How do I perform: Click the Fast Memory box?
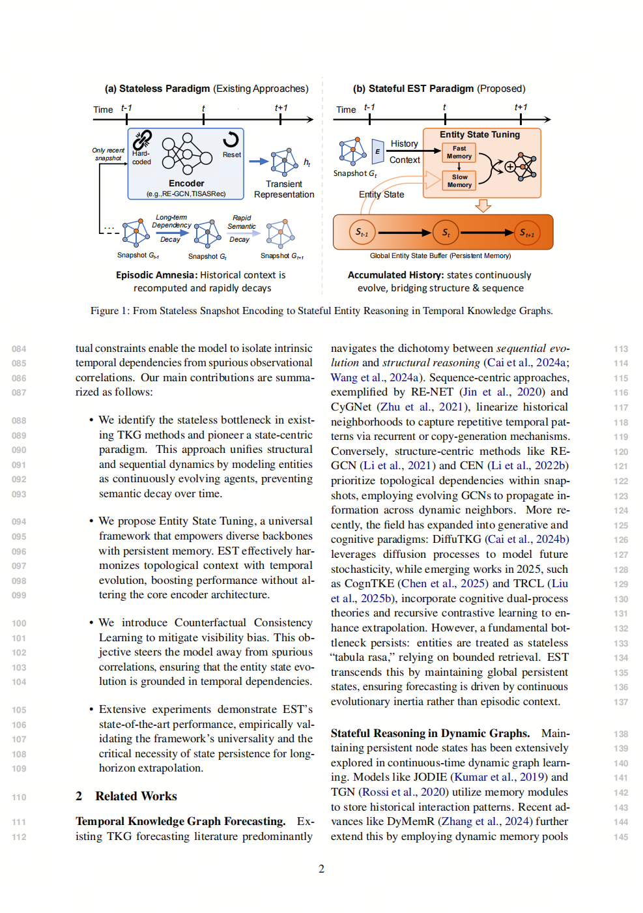tap(459, 152)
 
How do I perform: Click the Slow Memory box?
tap(459, 181)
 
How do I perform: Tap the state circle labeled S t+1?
tap(526, 233)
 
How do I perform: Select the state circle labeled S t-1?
tap(362, 233)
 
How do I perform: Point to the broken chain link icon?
tap(142, 139)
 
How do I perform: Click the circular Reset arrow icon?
tap(231, 139)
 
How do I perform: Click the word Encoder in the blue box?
tap(186, 183)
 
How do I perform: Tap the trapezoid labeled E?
tap(377, 152)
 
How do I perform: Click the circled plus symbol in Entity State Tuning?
tap(510, 167)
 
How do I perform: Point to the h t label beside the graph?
tap(307, 162)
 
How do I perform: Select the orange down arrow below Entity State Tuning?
tap(483, 206)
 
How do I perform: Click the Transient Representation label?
tap(284, 189)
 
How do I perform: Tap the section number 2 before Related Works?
tap(79, 796)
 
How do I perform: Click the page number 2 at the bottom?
tap(321, 869)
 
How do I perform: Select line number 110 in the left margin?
tap(19, 797)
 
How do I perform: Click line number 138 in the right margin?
tap(621, 734)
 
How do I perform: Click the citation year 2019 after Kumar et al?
tap(532, 777)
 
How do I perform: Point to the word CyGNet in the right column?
tap(351, 407)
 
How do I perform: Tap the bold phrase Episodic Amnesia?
tap(156, 275)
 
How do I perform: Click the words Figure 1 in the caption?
tap(109, 311)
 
